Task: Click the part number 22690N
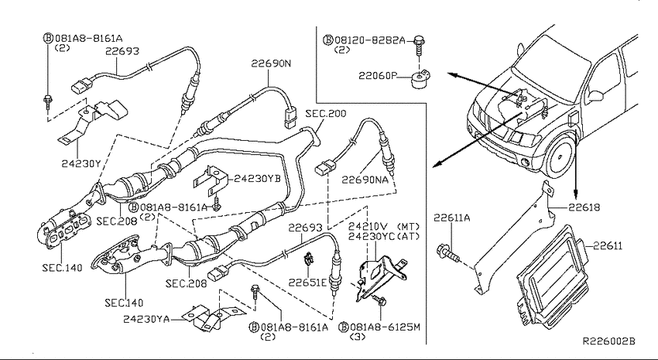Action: click(271, 63)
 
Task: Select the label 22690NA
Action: click(365, 180)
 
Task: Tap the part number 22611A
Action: click(451, 218)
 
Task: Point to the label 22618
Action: click(584, 207)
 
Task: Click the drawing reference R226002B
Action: click(609, 341)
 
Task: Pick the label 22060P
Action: click(377, 76)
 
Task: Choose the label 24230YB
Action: click(257, 178)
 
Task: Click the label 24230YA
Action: click(146, 319)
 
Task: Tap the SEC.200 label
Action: click(326, 113)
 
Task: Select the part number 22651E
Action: click(307, 283)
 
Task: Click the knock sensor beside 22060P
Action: click(419, 81)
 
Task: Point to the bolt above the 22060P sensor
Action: click(418, 45)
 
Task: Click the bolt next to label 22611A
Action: click(447, 253)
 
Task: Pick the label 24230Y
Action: click(81, 163)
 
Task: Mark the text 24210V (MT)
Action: click(384, 227)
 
